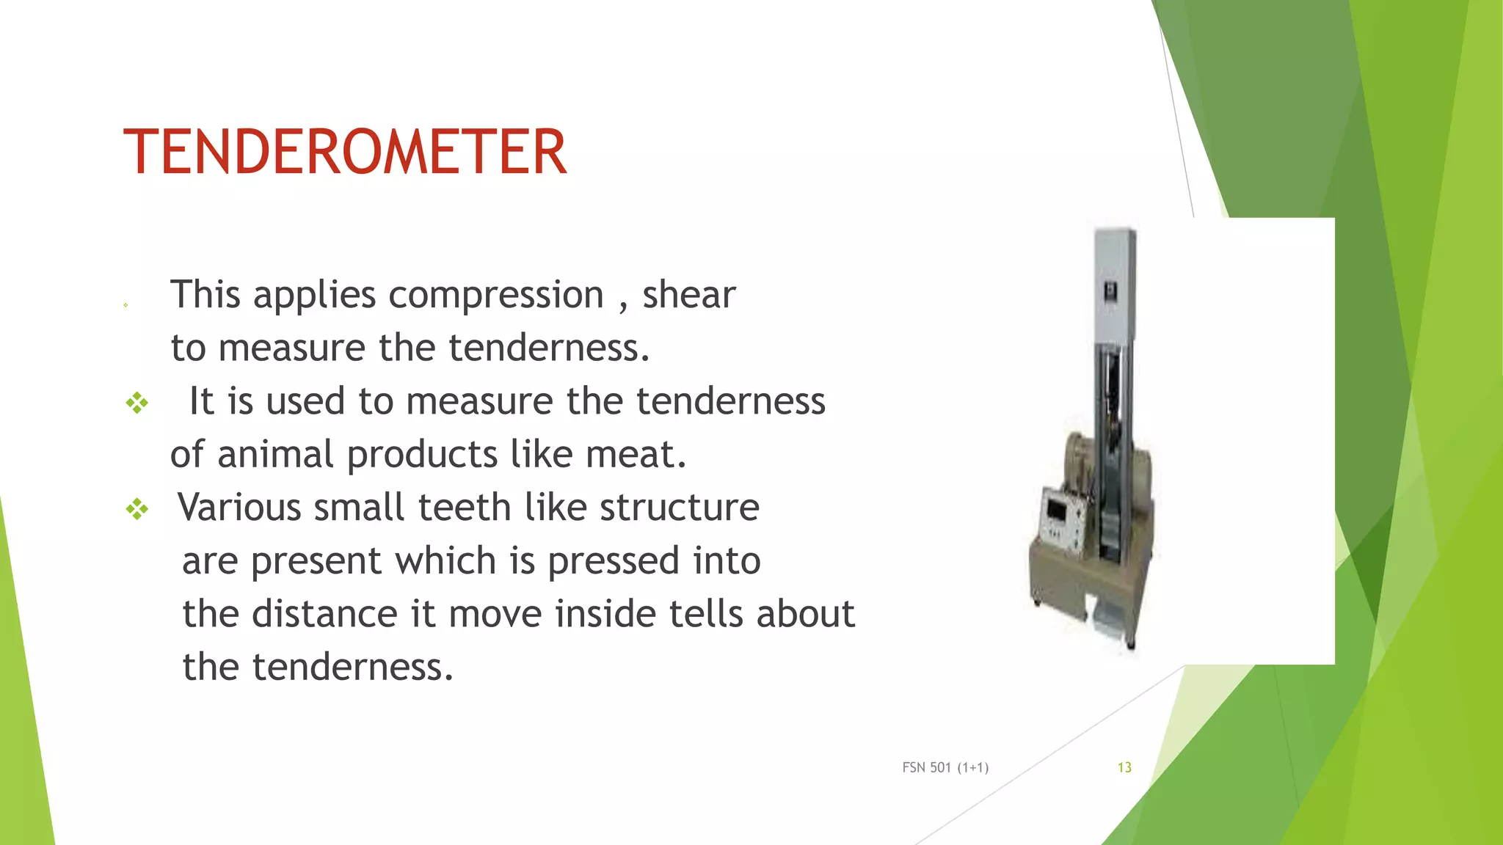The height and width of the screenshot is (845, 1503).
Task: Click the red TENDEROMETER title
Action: point(345,152)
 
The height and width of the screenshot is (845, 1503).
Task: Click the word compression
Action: point(495,296)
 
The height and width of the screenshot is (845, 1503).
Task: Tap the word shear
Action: point(688,295)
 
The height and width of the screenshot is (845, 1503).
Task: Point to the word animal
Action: point(276,454)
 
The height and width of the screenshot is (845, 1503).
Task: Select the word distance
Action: point(326,614)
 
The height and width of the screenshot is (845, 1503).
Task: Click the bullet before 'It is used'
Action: point(137,403)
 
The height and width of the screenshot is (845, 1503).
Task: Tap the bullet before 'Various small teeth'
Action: point(137,508)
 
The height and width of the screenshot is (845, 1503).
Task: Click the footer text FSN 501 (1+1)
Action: point(945,767)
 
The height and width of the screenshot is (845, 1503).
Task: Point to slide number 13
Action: point(1124,767)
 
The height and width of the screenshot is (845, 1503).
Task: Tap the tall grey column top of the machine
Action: point(1115,279)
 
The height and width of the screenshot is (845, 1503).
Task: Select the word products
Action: point(422,455)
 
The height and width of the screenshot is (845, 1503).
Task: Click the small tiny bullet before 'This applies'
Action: point(125,305)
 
